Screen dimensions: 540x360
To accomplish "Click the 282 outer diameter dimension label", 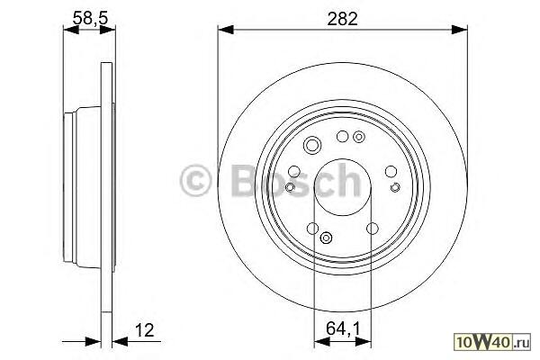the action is [x=342, y=19].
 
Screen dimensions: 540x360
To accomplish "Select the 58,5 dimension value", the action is [x=91, y=18].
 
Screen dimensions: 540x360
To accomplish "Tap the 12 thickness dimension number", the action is [x=144, y=330].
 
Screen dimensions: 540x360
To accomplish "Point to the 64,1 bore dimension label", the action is [x=343, y=328].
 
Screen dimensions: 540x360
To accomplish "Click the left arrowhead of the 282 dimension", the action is [x=226, y=30].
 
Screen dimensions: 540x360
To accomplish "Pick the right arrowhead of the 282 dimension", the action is [x=459, y=30].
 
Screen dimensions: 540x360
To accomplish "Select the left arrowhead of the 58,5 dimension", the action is [x=71, y=30].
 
